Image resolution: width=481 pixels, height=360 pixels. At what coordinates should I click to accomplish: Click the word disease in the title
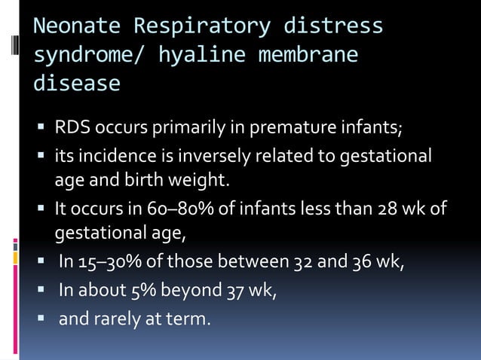[x=76, y=83]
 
